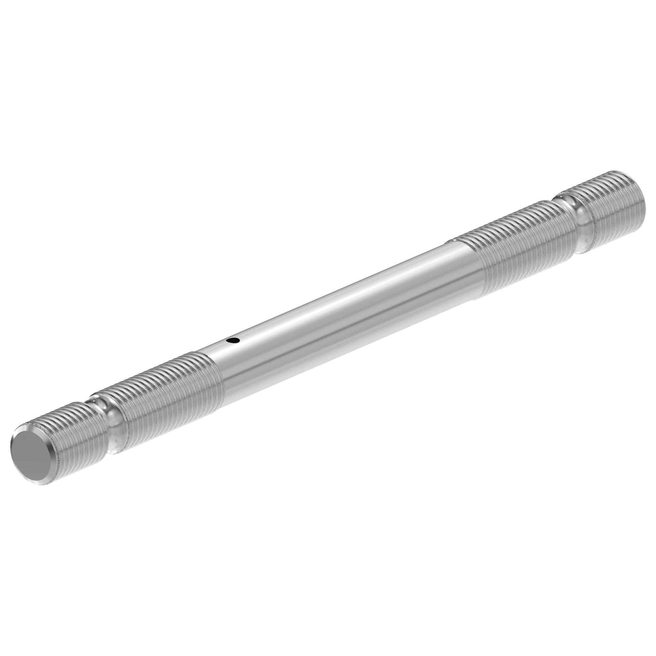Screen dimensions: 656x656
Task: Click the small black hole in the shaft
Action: (x=232, y=340)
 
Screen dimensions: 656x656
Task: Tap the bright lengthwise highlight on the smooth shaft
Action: (x=339, y=299)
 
